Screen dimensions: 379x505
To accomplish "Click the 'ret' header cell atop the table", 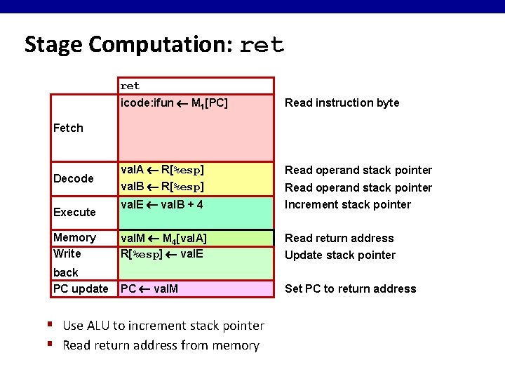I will tap(130, 86).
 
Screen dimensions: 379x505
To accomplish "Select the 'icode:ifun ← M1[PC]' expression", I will tap(174, 103).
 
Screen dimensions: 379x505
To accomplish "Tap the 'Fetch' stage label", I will tap(68, 128).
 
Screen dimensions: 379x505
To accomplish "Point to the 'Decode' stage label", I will tap(73, 178).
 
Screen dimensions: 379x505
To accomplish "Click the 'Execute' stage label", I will tap(74, 212).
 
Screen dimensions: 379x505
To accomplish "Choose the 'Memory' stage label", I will tap(74, 237).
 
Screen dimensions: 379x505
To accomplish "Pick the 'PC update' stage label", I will tap(81, 288).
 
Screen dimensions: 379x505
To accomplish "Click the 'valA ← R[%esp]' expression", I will tap(162, 170).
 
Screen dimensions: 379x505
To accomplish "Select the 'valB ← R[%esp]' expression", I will tap(162, 187).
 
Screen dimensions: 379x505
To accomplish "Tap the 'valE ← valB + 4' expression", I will tap(162, 204).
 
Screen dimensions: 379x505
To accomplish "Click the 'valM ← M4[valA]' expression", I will tap(163, 239).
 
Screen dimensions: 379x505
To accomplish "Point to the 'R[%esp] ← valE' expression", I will tap(161, 254).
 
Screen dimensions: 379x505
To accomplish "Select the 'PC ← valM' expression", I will tap(149, 288).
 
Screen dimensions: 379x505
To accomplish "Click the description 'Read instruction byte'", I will tap(342, 103).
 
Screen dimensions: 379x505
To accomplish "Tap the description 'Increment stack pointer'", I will tap(347, 204).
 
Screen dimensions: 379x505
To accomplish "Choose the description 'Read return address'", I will tap(339, 238).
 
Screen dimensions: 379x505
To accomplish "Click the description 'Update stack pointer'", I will tap(339, 255).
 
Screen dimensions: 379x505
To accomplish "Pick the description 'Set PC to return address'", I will tap(350, 288).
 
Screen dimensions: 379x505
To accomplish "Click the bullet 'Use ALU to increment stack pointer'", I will tap(163, 326).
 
